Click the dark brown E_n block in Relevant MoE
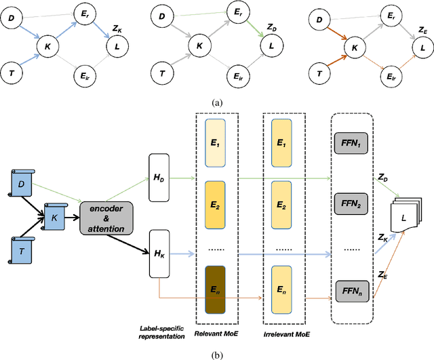pyautogui.click(x=214, y=288)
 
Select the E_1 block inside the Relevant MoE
pyautogui.click(x=214, y=145)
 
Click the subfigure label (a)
pyautogui.click(x=216, y=102)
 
